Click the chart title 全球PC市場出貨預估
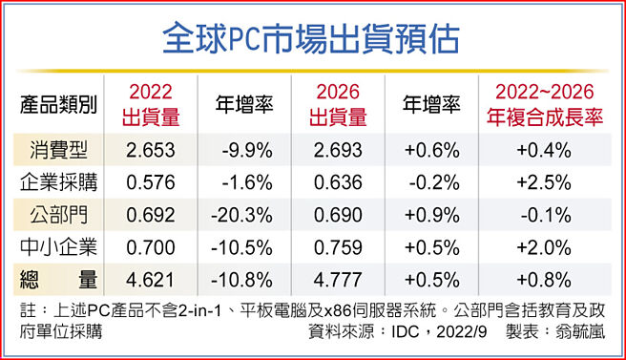(x=312, y=39)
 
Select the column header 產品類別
(x=58, y=105)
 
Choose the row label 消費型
(x=58, y=150)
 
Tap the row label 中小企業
(x=58, y=247)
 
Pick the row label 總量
(x=58, y=280)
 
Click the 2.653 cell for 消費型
(x=151, y=150)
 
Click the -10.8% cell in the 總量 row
(x=244, y=280)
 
